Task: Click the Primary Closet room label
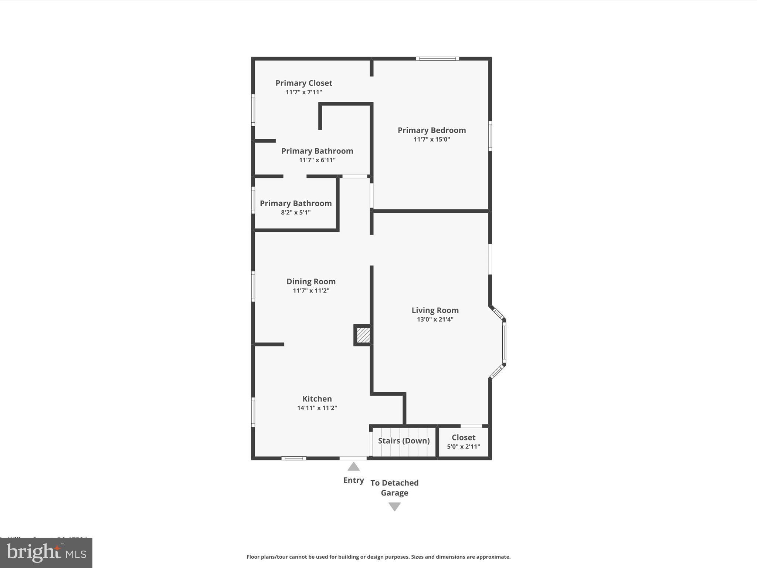tap(303, 83)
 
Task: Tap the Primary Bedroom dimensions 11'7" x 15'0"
tap(432, 139)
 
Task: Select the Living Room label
tap(435, 310)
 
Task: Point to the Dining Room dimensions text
tap(311, 291)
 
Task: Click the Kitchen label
tap(317, 399)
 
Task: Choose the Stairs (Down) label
tap(404, 441)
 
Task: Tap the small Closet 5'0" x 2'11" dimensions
tap(464, 446)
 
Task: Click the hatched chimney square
tap(363, 335)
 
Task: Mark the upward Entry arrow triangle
tap(353, 467)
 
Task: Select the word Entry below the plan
tap(353, 480)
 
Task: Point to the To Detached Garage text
tap(394, 488)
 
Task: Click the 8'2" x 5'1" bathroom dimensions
tap(296, 213)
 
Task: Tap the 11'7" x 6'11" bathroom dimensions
tap(317, 160)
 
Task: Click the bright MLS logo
tap(46, 552)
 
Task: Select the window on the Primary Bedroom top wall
tap(437, 58)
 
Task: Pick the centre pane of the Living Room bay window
tap(504, 342)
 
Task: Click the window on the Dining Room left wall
tap(253, 286)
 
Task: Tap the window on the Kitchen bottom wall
tap(294, 458)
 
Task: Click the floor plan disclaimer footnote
tap(378, 557)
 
